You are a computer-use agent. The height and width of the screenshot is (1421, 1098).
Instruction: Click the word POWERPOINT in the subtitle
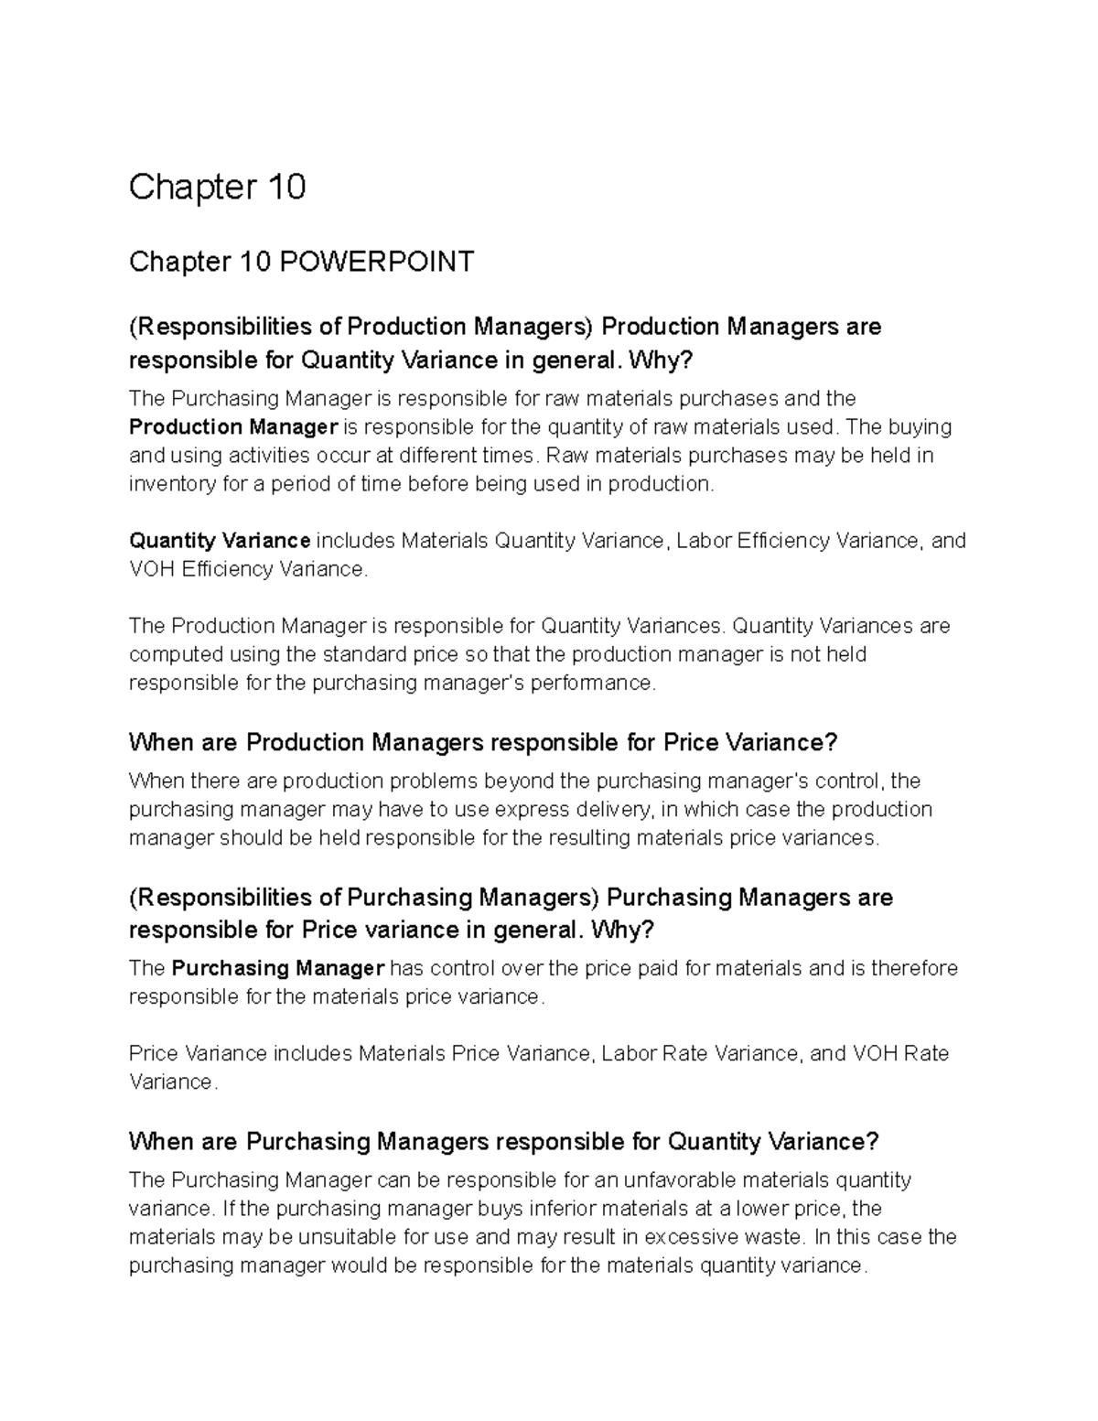click(x=376, y=263)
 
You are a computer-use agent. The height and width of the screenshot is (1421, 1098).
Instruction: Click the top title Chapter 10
click(x=217, y=188)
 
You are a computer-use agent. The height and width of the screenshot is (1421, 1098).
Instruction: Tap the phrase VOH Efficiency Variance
click(x=247, y=569)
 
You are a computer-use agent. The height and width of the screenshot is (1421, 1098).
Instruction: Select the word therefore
click(x=914, y=968)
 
